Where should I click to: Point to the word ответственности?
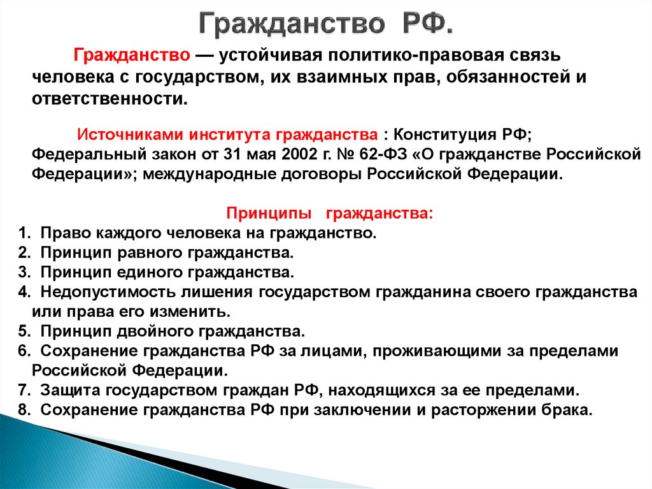tap(110, 99)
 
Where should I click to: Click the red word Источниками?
tap(130, 136)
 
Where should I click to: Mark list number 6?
tap(22, 351)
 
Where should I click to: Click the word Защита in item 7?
tap(67, 390)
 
